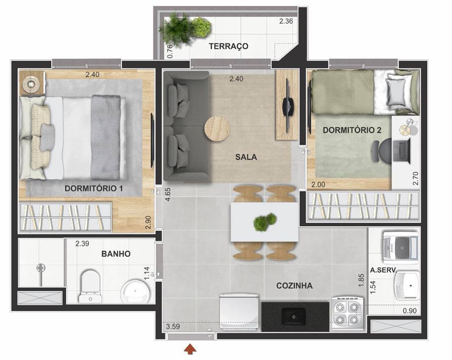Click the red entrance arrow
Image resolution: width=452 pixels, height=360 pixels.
(x=190, y=349)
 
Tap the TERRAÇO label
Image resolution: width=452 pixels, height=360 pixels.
(x=228, y=46)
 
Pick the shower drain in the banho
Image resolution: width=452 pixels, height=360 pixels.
(x=41, y=268)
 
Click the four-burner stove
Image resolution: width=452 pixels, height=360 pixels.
(x=347, y=313)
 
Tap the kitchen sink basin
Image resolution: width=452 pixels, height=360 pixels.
(x=293, y=316)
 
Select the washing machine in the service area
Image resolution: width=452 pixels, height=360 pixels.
(x=401, y=247)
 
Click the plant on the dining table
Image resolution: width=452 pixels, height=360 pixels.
(x=265, y=222)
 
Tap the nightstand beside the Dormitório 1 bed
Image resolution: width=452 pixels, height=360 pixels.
(x=32, y=83)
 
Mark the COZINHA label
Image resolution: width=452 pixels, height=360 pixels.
(x=294, y=286)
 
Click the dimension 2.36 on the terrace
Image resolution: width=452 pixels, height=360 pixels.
(x=286, y=21)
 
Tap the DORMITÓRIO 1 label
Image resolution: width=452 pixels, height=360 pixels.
(x=94, y=188)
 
